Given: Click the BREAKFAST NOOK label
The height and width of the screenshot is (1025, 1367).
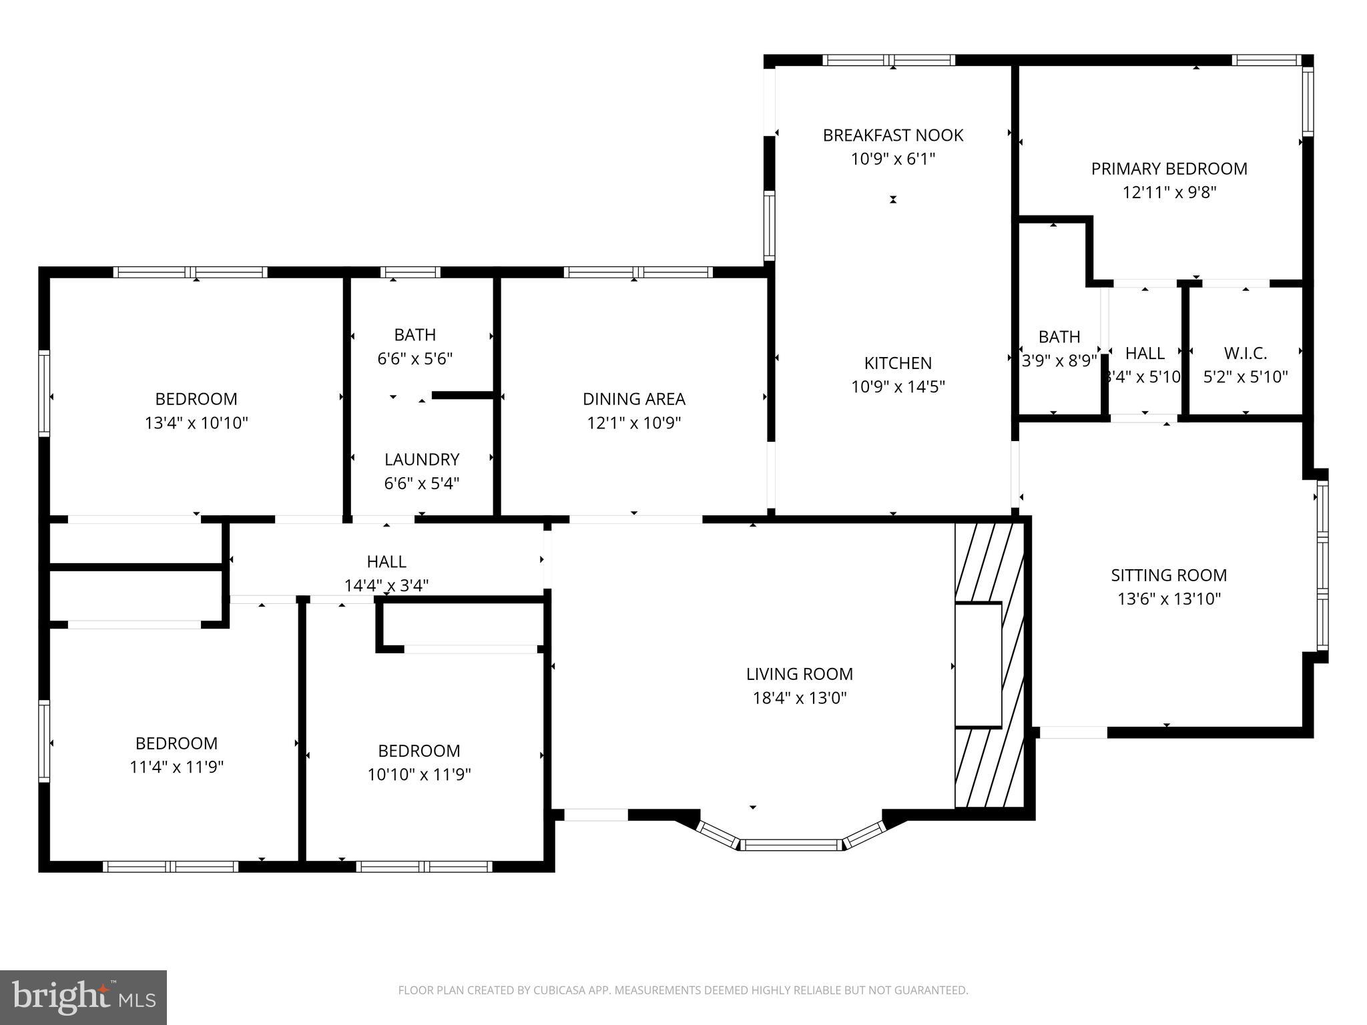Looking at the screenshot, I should point(892,135).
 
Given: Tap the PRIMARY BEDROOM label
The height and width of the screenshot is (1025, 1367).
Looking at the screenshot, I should point(1169,169).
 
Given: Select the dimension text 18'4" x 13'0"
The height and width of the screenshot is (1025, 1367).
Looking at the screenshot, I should point(799,698).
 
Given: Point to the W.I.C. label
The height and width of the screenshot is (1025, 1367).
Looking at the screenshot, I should point(1245,353).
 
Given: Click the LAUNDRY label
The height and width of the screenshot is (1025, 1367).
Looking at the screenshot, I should point(421,459).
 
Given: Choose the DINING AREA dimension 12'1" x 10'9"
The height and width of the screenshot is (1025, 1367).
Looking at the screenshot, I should point(633,423).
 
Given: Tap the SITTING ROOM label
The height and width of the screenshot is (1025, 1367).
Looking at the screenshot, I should point(1169,575).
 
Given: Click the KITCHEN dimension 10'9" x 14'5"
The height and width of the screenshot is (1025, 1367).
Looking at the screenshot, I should point(898,387).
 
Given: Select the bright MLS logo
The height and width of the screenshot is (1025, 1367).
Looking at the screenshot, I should point(83,997).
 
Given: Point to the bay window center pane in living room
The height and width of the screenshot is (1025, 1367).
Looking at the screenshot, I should point(791,845).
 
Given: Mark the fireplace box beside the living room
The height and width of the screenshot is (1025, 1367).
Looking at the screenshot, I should point(978,665).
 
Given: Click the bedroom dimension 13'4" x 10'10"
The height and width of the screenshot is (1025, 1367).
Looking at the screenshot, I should point(196,423).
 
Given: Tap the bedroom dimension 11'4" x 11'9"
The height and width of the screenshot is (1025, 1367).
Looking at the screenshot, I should point(176,767).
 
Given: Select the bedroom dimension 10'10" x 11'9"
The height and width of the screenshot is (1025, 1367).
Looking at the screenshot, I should point(419,775).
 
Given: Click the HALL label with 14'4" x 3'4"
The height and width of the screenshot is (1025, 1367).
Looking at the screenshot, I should point(386,562).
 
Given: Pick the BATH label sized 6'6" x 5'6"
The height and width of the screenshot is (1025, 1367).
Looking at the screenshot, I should point(415,334).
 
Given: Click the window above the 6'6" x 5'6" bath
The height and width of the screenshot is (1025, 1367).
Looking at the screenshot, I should point(410,272).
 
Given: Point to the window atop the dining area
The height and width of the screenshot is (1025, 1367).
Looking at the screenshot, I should point(637,272).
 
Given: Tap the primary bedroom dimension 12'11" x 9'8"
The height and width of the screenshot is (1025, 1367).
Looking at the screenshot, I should point(1169,193).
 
